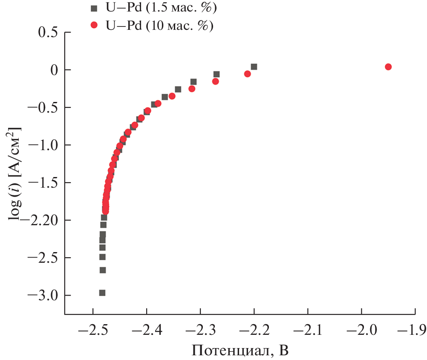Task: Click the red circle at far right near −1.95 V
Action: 388,67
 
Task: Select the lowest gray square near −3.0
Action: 102,293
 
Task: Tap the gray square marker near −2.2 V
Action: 254,67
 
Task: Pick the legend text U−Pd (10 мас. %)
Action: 159,26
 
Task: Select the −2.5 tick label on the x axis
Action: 92,330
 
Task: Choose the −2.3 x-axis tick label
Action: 200,330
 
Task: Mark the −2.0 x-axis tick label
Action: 361,330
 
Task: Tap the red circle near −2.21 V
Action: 247,74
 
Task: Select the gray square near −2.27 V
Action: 216,74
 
